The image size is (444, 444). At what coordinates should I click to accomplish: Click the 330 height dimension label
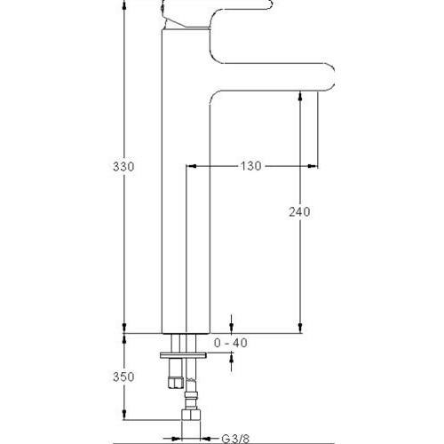(123, 167)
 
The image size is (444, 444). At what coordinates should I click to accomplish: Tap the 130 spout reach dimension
(250, 166)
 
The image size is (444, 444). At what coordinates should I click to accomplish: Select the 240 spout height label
(299, 212)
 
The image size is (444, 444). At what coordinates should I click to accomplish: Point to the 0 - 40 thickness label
(231, 343)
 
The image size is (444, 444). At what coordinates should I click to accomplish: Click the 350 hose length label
(123, 377)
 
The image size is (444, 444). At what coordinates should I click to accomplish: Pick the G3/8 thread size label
(235, 439)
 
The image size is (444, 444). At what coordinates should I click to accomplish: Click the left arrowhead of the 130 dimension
(192, 166)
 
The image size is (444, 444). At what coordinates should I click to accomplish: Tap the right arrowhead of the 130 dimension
(312, 166)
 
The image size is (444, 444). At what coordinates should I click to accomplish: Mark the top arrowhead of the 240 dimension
(300, 97)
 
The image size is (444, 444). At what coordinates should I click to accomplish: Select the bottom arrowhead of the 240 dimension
(300, 328)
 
